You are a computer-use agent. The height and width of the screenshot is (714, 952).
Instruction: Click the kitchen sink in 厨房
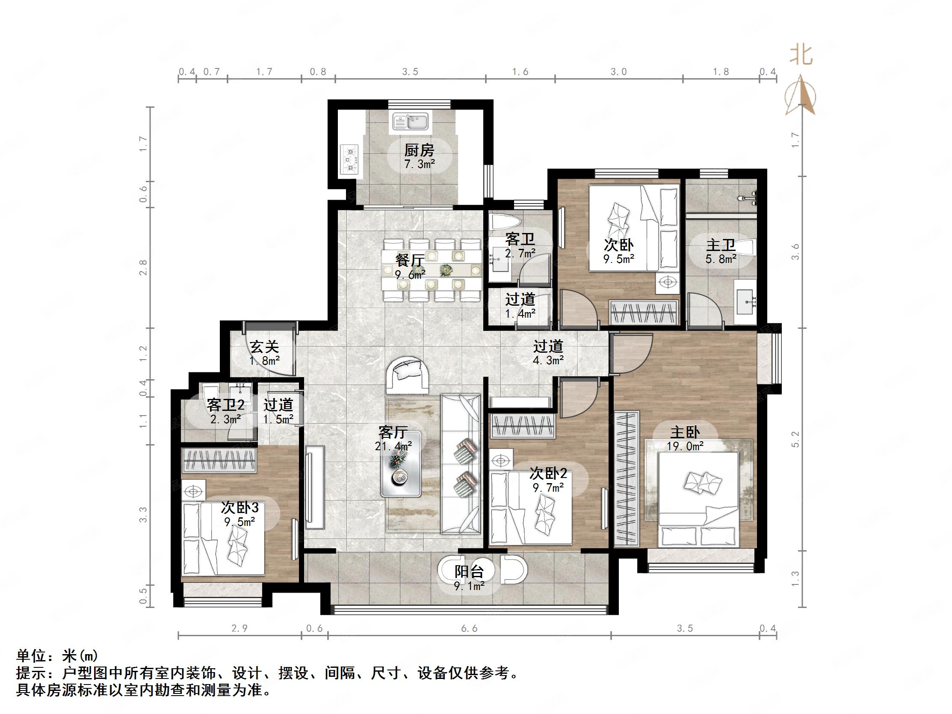(410, 121)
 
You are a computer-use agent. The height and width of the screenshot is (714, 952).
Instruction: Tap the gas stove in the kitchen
(349, 159)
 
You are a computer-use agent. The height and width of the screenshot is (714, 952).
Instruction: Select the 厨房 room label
(419, 150)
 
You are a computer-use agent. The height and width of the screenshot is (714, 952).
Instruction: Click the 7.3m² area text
(419, 164)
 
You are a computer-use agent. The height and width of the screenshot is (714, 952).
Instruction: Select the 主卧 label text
(685, 432)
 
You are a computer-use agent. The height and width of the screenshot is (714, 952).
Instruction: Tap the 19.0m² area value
(685, 446)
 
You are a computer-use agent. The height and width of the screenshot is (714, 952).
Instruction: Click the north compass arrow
(800, 95)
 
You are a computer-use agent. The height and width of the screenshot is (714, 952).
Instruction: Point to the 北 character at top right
(801, 55)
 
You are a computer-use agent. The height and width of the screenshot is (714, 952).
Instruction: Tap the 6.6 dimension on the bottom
(469, 629)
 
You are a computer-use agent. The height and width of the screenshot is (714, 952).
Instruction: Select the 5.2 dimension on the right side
(795, 440)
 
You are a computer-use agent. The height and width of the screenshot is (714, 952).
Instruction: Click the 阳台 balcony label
(469, 572)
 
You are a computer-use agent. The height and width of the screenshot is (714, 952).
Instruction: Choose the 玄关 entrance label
(264, 346)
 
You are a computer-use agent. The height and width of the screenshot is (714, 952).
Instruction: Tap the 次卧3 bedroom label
(240, 508)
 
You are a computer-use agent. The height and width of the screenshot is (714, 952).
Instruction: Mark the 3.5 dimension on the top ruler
(410, 72)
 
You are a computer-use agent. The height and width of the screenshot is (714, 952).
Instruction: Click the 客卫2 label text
(225, 404)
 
